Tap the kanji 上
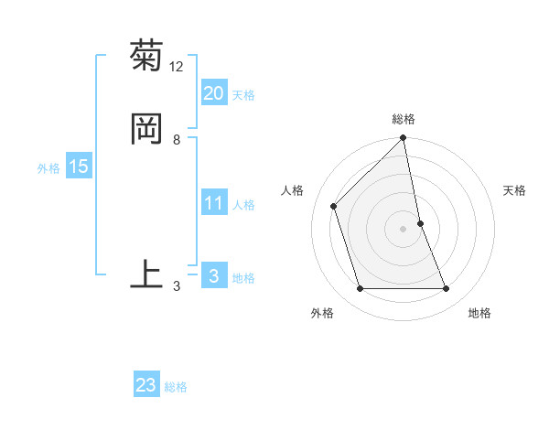tap(146, 274)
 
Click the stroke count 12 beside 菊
tap(177, 67)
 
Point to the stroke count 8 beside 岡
tap(177, 140)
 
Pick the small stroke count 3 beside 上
tap(177, 286)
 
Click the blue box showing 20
tap(213, 93)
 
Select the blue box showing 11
tap(213, 203)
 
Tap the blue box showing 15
tap(79, 167)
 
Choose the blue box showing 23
tap(146, 385)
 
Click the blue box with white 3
tap(213, 276)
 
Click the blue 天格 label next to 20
tap(243, 95)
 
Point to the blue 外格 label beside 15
tap(48, 168)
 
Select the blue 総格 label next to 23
tap(177, 387)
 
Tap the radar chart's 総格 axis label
tap(404, 119)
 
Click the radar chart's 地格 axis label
tap(479, 313)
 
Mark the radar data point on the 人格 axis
tap(334, 206)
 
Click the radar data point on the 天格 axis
tap(420, 223)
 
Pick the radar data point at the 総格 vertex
tap(404, 139)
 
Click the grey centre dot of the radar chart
tap(404, 229)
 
